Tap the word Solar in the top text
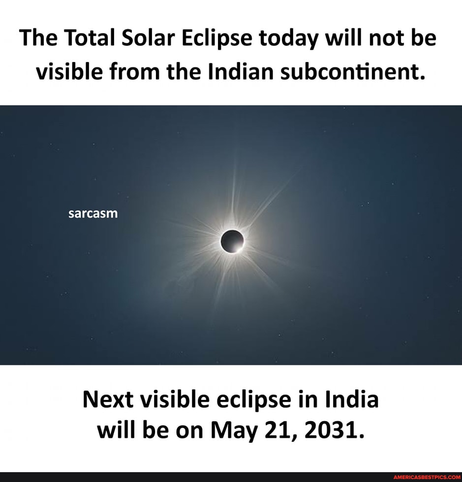pyautogui.click(x=151, y=38)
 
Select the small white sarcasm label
pyautogui.click(x=93, y=213)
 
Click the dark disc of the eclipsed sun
pyautogui.click(x=232, y=241)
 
